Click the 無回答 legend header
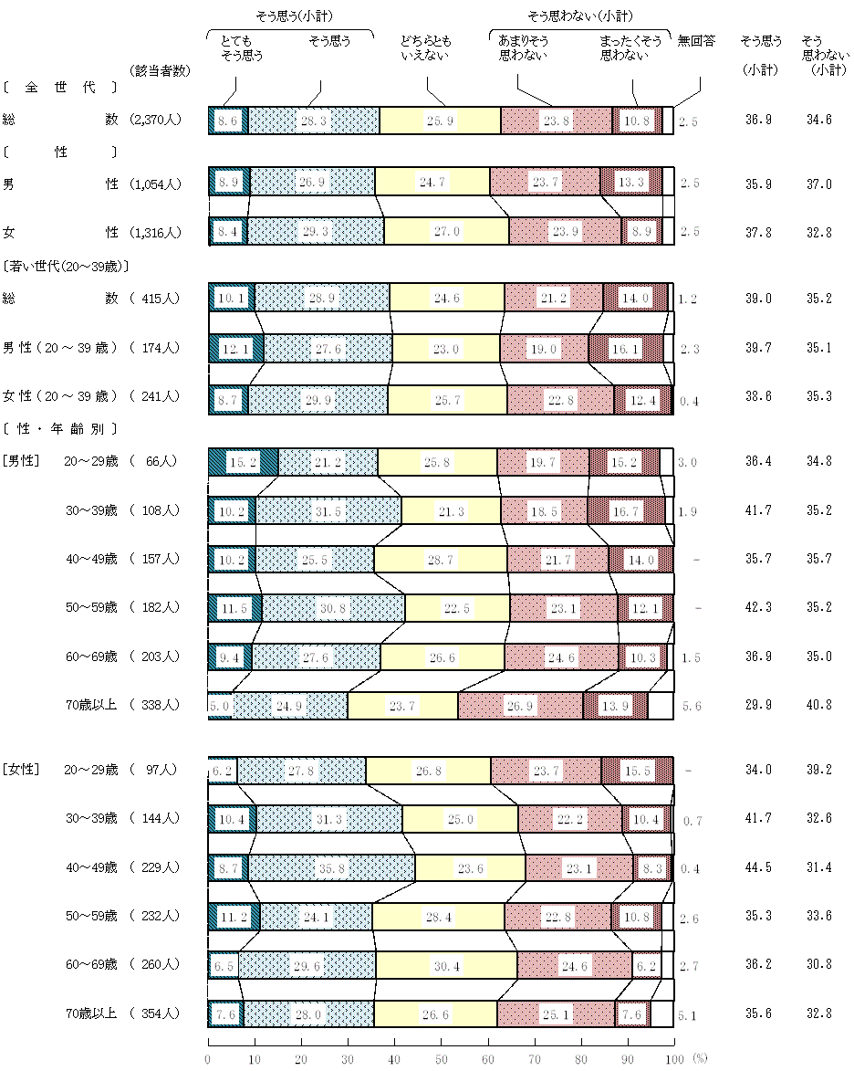click(x=696, y=41)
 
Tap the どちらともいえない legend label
click(x=425, y=48)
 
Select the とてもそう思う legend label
click(x=241, y=48)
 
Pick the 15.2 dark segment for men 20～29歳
click(x=244, y=462)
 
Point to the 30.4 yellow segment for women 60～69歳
click(x=446, y=965)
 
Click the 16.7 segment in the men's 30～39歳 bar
click(x=626, y=510)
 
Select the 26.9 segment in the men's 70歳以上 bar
click(x=520, y=706)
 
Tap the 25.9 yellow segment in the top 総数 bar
click(x=440, y=121)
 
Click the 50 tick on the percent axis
click(x=442, y=1058)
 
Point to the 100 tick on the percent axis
click(x=673, y=1058)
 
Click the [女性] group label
click(x=22, y=770)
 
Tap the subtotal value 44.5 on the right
click(x=758, y=868)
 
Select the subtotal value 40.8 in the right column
click(x=818, y=706)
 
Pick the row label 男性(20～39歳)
click(x=60, y=348)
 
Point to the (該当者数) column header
click(x=161, y=70)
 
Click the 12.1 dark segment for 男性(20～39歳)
click(x=235, y=348)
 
